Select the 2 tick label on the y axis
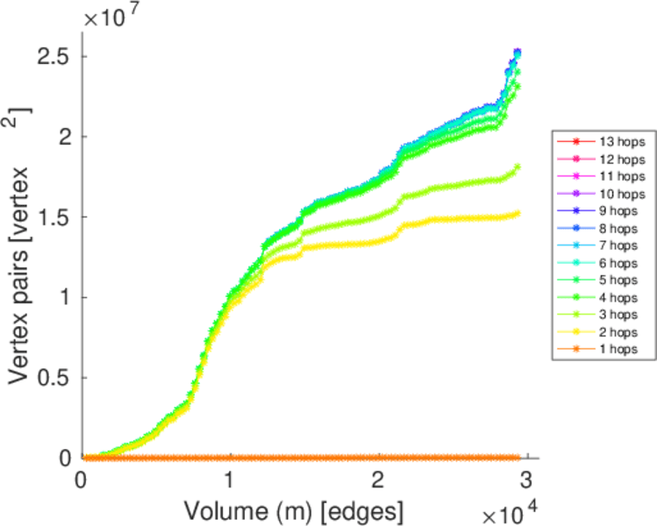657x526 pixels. [62, 137]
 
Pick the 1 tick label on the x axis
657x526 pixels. [230, 481]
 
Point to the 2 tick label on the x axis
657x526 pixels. [377, 481]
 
